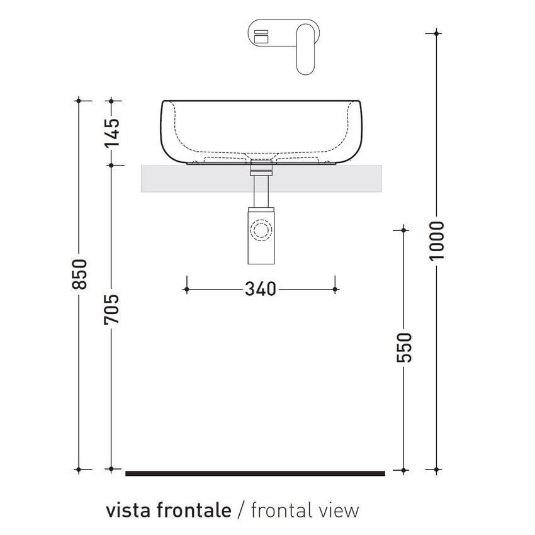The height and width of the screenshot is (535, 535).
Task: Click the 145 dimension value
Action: [111, 132]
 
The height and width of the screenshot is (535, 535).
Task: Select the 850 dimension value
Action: [79, 274]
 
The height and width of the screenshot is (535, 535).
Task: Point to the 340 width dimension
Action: [260, 289]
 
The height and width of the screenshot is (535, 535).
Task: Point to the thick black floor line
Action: [255, 473]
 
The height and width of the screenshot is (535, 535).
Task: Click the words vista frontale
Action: [168, 510]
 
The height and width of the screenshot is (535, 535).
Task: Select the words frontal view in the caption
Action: [305, 510]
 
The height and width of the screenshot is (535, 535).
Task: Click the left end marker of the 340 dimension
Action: [186, 289]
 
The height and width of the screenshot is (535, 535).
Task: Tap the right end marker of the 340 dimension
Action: [335, 289]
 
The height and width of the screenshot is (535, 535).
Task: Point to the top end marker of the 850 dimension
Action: [79, 100]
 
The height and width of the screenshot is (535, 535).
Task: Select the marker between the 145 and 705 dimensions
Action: [111, 165]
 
